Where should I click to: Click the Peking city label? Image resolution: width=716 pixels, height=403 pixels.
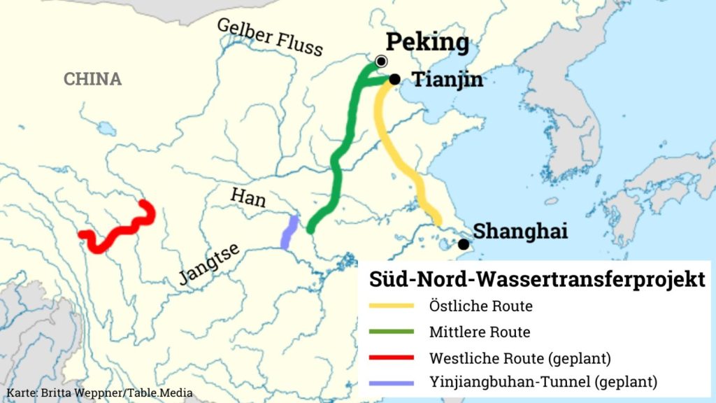click(427, 43)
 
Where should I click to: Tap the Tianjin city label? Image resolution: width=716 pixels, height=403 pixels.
click(447, 80)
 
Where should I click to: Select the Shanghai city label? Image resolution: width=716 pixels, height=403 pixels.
click(520, 231)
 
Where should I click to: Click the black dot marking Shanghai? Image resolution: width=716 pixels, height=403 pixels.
click(463, 244)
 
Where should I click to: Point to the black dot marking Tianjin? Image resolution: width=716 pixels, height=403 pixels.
click(394, 79)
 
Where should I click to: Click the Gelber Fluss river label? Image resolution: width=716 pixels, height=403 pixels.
click(270, 36)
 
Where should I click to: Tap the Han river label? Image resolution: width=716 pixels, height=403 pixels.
click(248, 198)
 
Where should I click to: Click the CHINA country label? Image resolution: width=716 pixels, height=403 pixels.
click(92, 79)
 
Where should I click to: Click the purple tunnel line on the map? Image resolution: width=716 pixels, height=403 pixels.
click(289, 232)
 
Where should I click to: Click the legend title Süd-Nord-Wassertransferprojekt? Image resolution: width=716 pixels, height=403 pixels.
click(536, 280)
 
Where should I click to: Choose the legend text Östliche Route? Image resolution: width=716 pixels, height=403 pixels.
click(481, 306)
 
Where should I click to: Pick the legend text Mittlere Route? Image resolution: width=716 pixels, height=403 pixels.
click(480, 332)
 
